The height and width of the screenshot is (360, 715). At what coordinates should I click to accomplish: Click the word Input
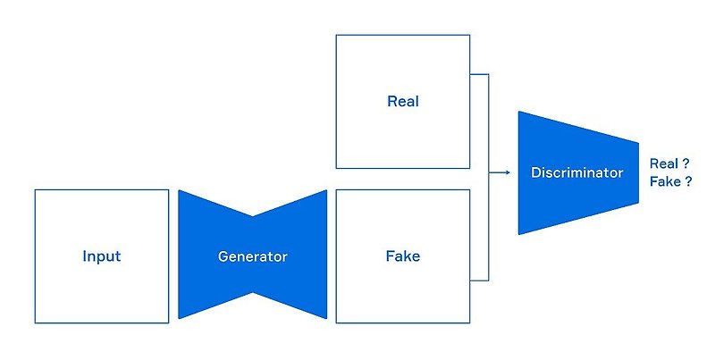[x=101, y=256]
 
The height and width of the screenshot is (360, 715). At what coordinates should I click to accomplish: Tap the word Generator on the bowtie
[x=253, y=256]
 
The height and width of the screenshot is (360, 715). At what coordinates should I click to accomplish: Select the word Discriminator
[x=576, y=172]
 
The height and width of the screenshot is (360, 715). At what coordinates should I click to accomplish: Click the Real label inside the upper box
[x=402, y=101]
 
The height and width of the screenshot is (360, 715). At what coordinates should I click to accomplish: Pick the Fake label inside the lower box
[x=402, y=256]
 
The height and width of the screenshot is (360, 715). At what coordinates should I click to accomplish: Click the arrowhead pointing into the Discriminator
[x=506, y=173]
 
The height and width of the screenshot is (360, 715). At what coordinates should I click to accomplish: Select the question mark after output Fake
[x=691, y=181]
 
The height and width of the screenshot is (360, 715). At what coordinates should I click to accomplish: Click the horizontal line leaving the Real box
[x=479, y=74]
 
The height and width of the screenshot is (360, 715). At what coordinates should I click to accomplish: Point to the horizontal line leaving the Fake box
[x=479, y=280]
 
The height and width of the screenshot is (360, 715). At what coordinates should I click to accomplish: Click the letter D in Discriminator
[x=534, y=172]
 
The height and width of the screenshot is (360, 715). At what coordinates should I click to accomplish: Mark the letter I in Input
[x=84, y=256]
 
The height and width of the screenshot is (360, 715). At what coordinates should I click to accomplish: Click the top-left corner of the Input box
[x=35, y=189]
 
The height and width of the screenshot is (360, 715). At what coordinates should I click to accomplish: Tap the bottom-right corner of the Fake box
[x=469, y=322]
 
